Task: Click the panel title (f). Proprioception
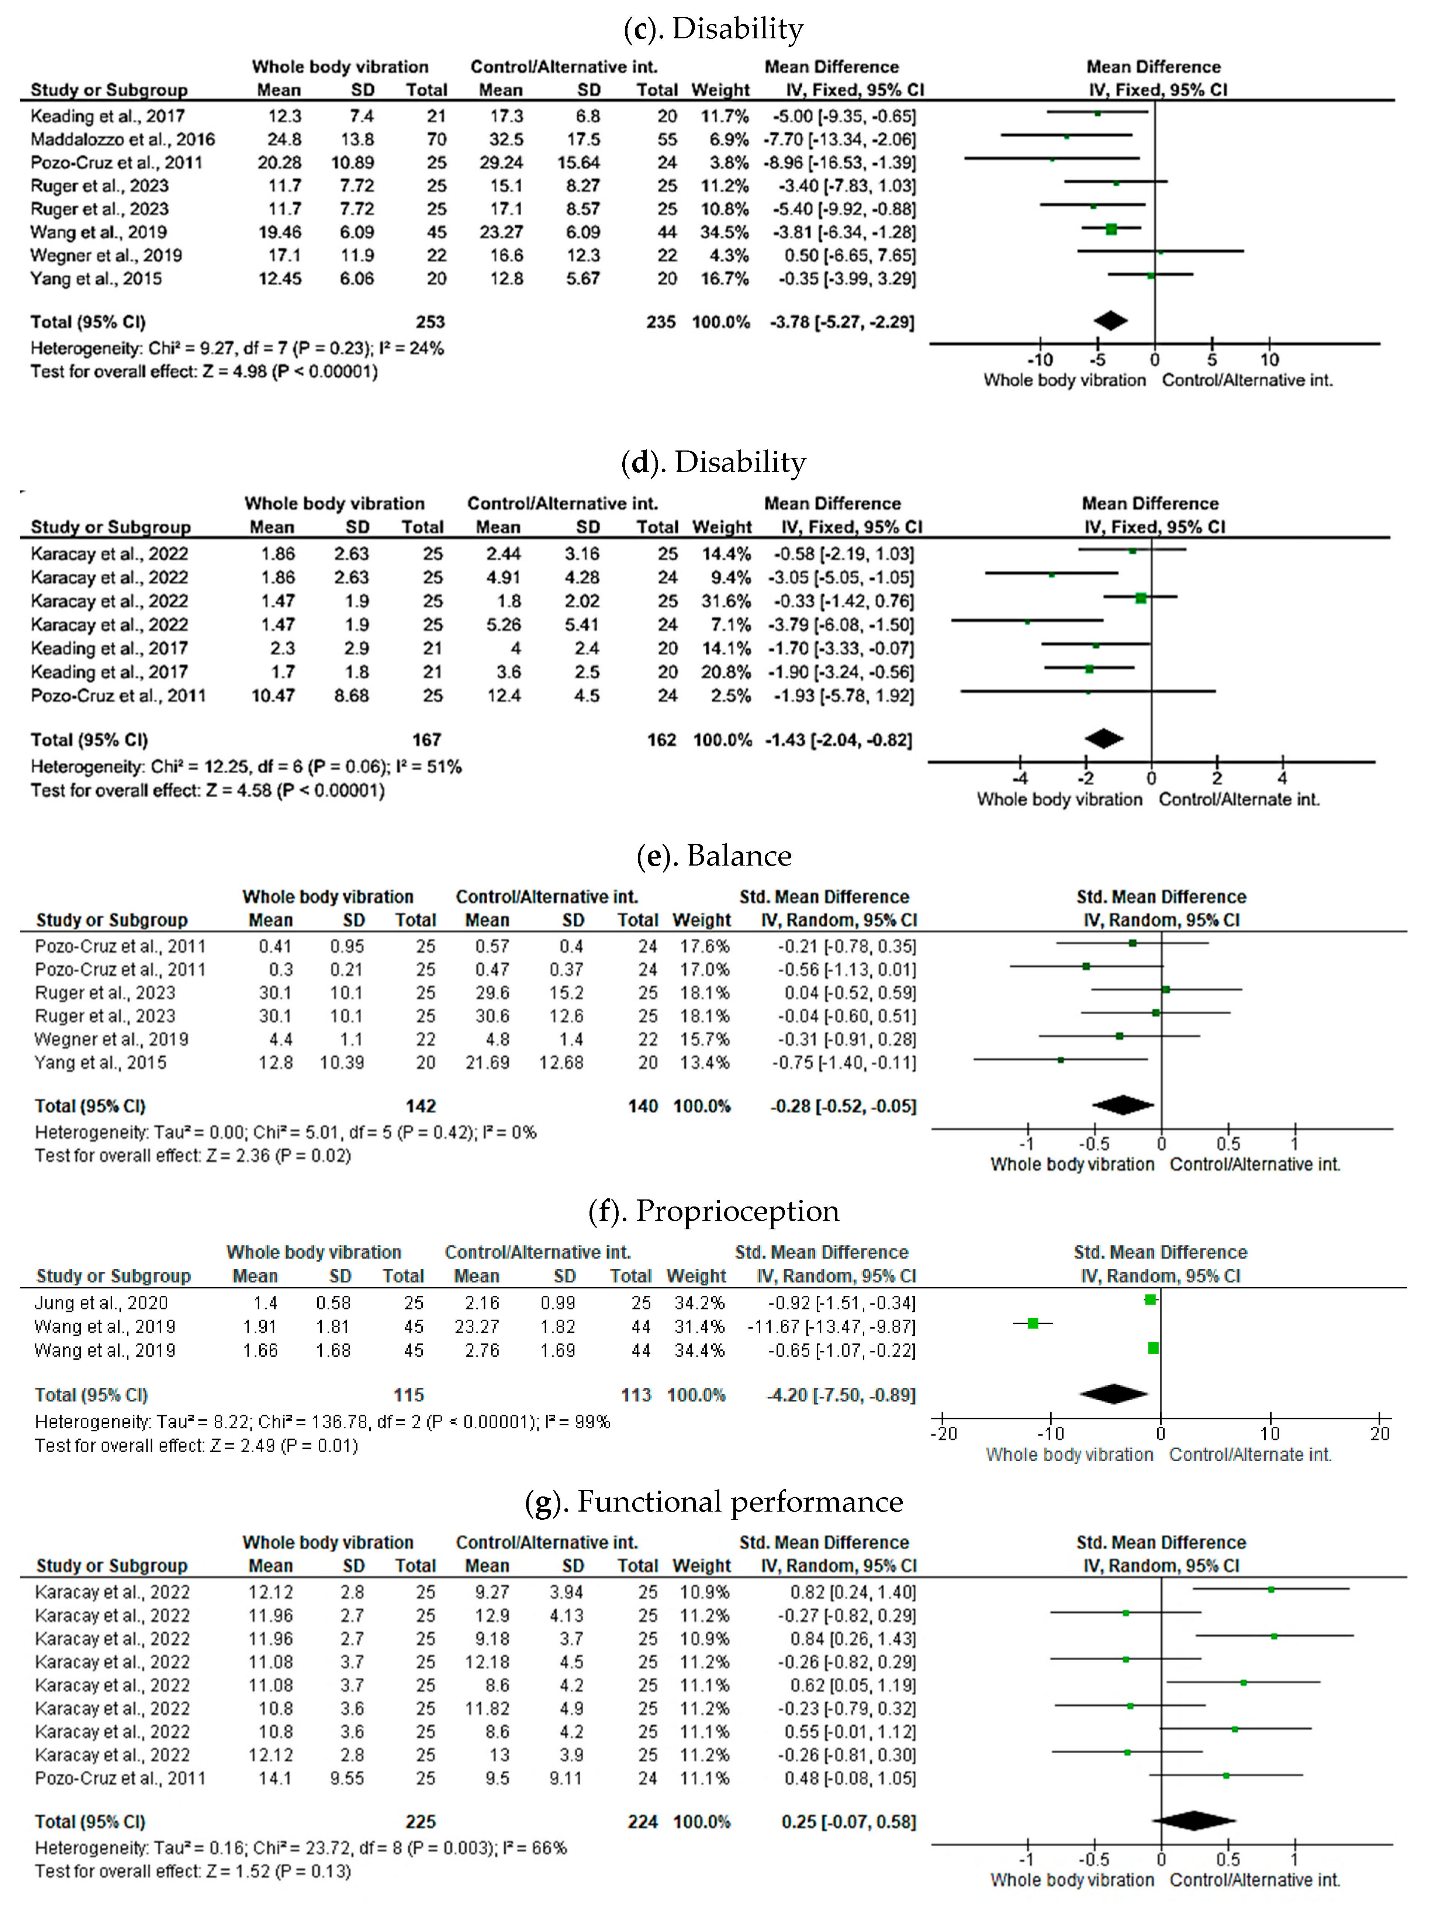[713, 1211]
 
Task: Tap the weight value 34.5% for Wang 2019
[722, 232]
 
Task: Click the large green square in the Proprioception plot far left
[1033, 1323]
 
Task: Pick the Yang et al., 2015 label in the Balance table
[101, 1063]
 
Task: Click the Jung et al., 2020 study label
[101, 1303]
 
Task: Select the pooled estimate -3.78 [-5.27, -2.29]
[841, 321]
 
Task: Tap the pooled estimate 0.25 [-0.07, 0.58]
[848, 1822]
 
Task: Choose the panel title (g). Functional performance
[713, 1501]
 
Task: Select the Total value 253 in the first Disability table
[430, 321]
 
